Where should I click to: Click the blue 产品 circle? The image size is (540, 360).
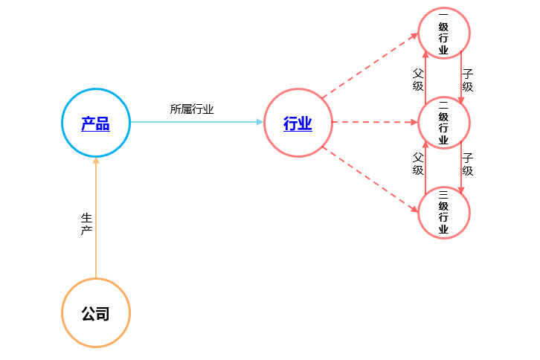tap(95, 123)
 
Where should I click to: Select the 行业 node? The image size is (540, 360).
tap(298, 123)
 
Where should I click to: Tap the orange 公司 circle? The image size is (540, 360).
tap(95, 313)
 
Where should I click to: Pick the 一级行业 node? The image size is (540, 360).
tap(443, 33)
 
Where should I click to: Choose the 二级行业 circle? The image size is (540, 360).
tap(443, 123)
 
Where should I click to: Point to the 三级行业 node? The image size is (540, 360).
tap(443, 212)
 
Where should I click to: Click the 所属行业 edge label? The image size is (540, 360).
tap(192, 109)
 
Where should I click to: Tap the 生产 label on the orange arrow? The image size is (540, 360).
tap(86, 225)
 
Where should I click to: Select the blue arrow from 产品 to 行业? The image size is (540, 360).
tap(197, 122)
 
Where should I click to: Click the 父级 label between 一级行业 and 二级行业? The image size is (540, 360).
tap(418, 80)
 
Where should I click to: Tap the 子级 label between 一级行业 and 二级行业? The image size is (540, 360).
tap(468, 80)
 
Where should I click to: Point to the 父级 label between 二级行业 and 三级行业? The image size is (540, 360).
tap(418, 164)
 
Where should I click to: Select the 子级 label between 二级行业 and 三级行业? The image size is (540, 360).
tap(468, 164)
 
